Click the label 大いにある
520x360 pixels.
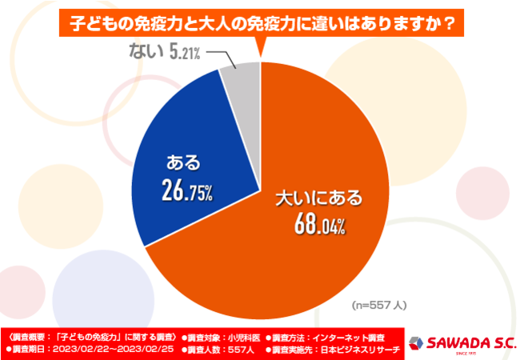[318, 196]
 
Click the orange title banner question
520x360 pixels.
[260, 23]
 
